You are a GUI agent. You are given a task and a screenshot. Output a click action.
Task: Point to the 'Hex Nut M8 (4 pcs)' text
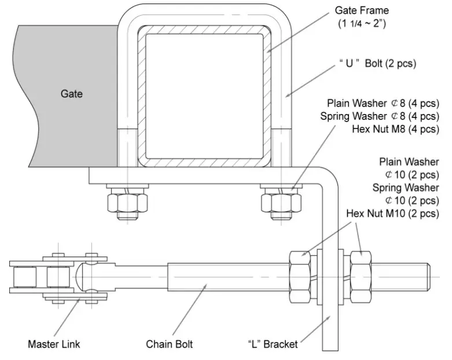coord(395,128)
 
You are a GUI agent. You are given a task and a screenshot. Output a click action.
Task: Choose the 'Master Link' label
coord(54,344)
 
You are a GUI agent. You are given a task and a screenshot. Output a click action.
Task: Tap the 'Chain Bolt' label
coord(169,344)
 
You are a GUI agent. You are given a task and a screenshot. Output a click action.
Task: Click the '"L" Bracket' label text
coord(272,344)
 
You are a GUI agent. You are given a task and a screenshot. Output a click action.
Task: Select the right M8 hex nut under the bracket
coord(280,202)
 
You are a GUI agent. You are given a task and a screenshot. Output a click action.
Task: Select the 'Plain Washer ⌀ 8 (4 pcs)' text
coord(383,103)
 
